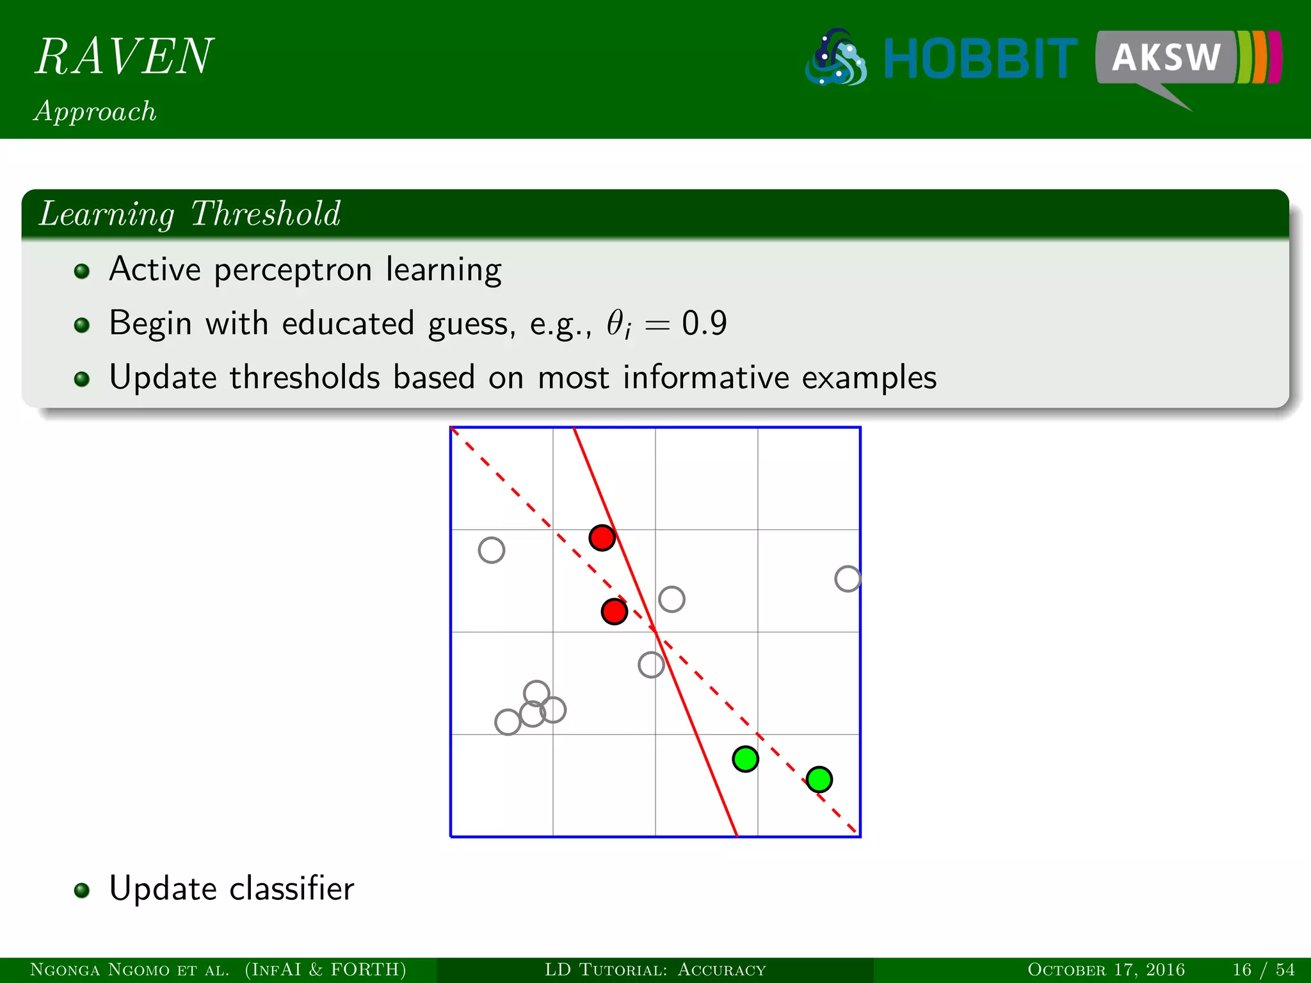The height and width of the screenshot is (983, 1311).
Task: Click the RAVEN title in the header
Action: click(124, 56)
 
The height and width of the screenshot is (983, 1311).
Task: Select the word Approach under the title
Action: click(95, 111)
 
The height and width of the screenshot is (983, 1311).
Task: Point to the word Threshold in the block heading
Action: click(266, 214)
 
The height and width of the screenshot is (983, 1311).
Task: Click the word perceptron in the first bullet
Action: click(293, 269)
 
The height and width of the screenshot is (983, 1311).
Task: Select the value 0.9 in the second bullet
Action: click(704, 323)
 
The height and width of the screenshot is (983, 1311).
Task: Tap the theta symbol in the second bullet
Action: click(616, 323)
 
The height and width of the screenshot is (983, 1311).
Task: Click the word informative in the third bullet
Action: click(705, 377)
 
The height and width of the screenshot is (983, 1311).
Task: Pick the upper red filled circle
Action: click(602, 538)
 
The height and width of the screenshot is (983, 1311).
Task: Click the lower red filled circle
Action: click(615, 612)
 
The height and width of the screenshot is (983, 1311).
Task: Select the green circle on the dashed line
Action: click(819, 779)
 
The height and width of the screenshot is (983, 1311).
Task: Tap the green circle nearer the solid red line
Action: click(746, 759)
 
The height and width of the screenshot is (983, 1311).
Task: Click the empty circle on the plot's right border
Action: click(848, 579)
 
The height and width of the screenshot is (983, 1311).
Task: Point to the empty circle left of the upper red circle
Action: click(492, 550)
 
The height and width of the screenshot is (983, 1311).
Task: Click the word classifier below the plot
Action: click(292, 888)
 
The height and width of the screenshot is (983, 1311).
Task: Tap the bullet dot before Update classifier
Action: click(81, 891)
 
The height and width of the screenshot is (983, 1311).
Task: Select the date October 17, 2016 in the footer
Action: click(1106, 970)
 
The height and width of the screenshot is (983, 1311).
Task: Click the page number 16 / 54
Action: click(1263, 970)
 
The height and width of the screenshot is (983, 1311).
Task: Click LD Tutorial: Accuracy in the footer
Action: click(655, 970)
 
